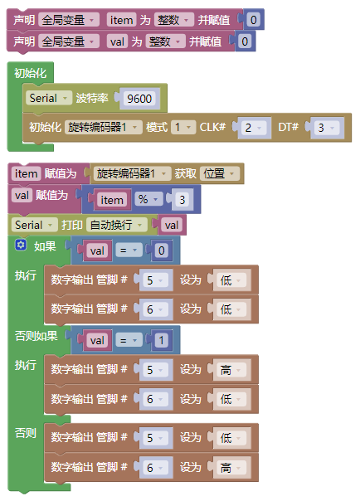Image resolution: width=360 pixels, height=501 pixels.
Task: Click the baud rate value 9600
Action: click(x=139, y=99)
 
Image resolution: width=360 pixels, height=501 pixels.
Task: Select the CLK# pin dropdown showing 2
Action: click(x=253, y=128)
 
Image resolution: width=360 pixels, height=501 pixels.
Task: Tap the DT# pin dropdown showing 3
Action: click(x=326, y=128)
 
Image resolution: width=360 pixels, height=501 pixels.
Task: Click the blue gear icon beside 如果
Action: click(x=21, y=245)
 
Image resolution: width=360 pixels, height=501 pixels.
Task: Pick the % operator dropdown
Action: click(x=148, y=199)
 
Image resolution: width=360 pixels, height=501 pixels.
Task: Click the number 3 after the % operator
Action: click(x=182, y=200)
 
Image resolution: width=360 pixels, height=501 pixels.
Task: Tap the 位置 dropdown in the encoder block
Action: click(x=219, y=173)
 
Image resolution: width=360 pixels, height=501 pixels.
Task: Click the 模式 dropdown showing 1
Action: click(x=182, y=127)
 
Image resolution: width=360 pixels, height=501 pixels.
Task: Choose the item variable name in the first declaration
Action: click(x=121, y=20)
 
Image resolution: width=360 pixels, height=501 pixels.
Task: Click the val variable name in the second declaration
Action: click(x=117, y=41)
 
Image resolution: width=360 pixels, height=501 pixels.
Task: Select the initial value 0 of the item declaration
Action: click(x=253, y=20)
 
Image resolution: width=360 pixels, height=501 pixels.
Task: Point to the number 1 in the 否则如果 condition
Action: click(x=161, y=341)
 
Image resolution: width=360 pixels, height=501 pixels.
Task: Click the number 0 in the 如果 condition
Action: click(x=161, y=250)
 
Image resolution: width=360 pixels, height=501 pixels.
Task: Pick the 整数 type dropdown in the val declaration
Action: click(x=165, y=41)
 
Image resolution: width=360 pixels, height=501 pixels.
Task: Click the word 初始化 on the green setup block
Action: click(x=31, y=73)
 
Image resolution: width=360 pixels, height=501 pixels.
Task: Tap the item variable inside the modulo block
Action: click(x=112, y=200)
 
